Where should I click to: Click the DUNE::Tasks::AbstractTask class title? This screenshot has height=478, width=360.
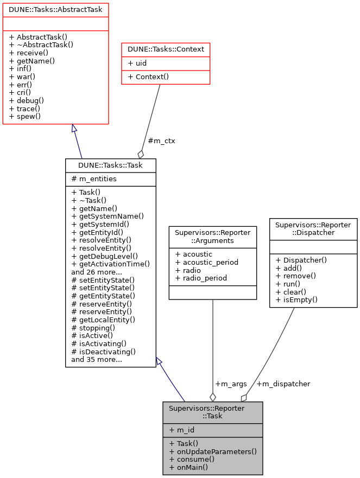[x=56, y=9]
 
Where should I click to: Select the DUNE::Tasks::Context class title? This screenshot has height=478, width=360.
[x=166, y=49]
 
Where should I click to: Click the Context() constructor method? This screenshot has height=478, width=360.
[x=148, y=77]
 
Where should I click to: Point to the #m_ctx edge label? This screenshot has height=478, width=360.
[x=161, y=141]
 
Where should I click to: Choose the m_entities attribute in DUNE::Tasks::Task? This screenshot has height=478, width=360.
[x=94, y=179]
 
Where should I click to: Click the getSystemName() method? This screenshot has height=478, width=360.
[x=108, y=216]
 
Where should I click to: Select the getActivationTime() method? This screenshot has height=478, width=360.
[x=110, y=264]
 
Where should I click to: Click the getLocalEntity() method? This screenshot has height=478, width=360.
[x=103, y=320]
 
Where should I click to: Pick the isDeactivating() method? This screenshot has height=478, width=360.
[x=103, y=351]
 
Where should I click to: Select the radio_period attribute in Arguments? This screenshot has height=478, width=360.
[x=200, y=278]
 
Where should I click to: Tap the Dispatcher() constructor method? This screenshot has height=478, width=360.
[x=301, y=260]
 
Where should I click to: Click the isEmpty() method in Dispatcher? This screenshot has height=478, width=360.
[x=296, y=299]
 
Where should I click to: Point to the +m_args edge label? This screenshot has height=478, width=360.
[x=231, y=384]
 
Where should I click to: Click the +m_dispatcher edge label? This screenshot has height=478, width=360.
[x=283, y=384]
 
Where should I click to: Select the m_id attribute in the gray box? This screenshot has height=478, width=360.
[x=182, y=430]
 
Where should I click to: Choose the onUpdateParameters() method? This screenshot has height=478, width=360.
[x=213, y=451]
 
